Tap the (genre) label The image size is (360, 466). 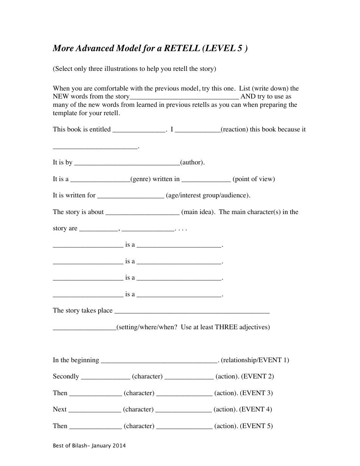pos(141,179)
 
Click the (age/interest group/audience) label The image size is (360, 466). pos(208,195)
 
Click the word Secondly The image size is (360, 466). pos(66,377)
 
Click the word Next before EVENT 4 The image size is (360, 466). pos(59,410)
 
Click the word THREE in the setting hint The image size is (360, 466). pos(226,327)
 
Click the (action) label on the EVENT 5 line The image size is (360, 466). pos(226,426)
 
